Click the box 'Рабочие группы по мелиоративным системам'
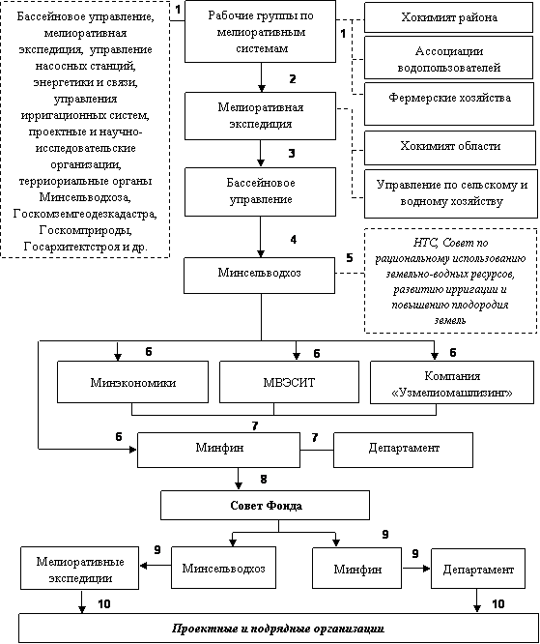[x=260, y=32]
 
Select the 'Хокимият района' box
[x=449, y=17]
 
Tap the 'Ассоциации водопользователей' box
[x=449, y=58]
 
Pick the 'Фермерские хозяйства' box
[x=450, y=103]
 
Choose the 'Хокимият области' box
[x=450, y=148]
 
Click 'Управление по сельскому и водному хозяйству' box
[x=451, y=193]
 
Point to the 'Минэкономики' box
[x=133, y=382]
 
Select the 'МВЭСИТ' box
[x=289, y=382]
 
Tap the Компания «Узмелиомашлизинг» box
[x=452, y=383]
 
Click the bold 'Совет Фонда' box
[x=265, y=505]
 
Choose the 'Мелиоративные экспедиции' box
[x=80, y=569]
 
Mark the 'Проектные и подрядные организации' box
[x=278, y=628]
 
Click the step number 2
[x=292, y=78]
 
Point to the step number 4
[x=293, y=239]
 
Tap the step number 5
[x=349, y=258]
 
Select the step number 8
[x=264, y=479]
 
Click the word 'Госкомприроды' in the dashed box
[x=86, y=230]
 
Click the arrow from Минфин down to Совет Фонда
[x=239, y=479]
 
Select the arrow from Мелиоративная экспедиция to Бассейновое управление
[x=260, y=153]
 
